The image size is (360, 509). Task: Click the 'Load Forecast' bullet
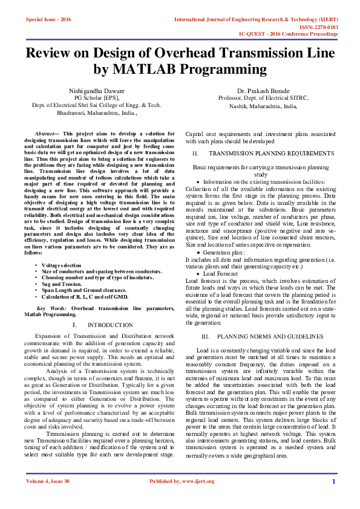coord(220,273)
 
